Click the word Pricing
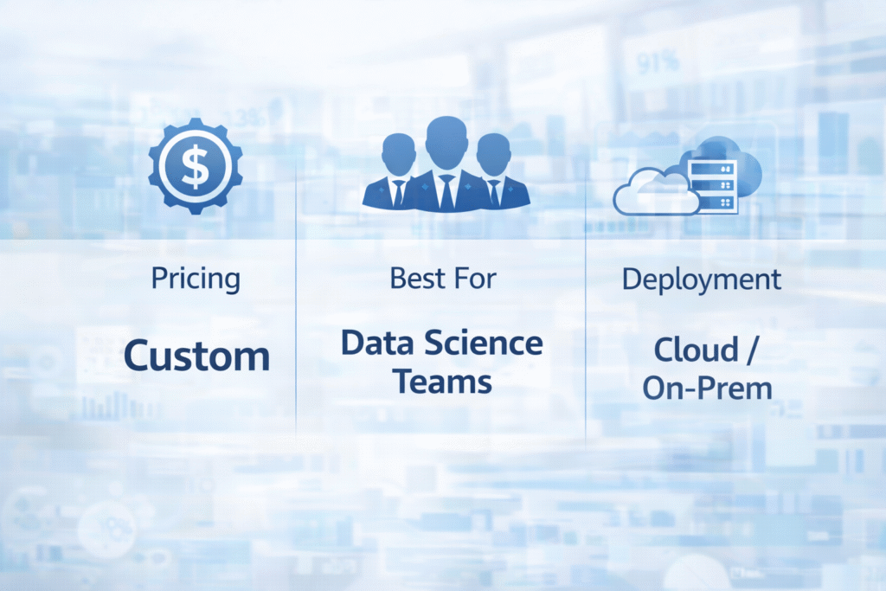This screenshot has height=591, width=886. (196, 279)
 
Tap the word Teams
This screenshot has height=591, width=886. (441, 381)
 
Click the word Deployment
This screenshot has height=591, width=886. (702, 279)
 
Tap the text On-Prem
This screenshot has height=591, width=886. (707, 388)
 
